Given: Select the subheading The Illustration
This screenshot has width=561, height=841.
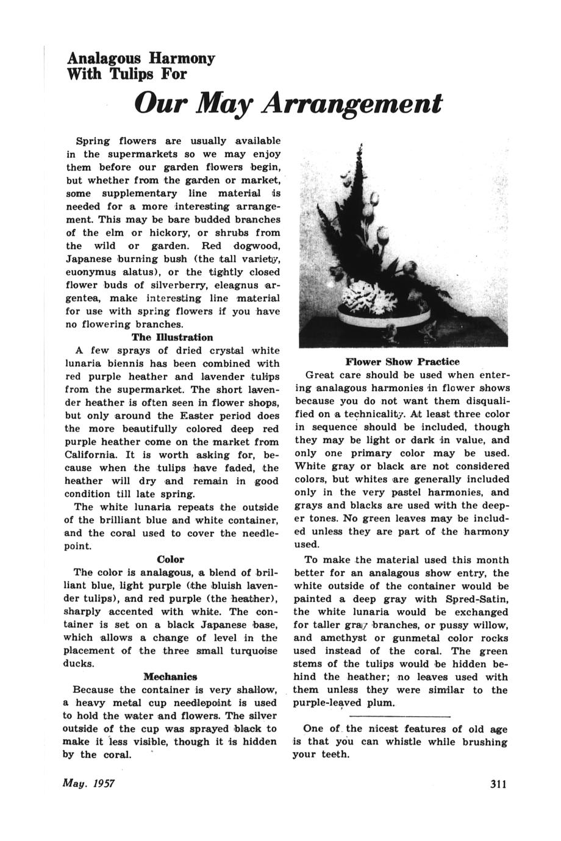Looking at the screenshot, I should click(173, 337).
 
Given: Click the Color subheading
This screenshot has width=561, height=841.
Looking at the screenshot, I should click(170, 559).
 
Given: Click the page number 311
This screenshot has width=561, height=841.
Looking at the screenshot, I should click(498, 784).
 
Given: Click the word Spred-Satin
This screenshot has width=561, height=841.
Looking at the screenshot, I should click(479, 599).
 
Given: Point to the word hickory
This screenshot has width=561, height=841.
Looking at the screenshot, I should click(173, 233).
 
